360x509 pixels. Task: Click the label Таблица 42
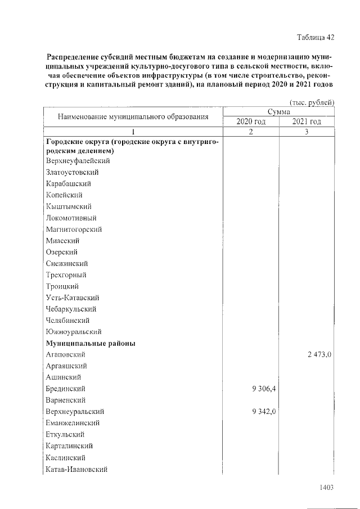(x=316, y=38)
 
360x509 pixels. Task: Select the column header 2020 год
(x=251, y=122)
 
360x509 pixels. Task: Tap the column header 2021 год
(x=307, y=122)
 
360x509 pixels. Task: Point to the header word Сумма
(x=279, y=112)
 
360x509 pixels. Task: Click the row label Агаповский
(x=66, y=354)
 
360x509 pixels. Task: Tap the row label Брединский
(x=66, y=389)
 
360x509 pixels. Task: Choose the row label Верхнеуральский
(x=75, y=412)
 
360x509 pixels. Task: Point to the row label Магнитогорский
(x=74, y=229)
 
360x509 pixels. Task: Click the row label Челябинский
(x=68, y=321)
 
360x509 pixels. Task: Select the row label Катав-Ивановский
(x=76, y=469)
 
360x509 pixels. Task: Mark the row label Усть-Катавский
(x=73, y=298)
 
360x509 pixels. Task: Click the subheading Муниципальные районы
(x=90, y=343)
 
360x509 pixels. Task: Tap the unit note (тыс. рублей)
(x=312, y=102)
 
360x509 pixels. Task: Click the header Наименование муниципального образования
(x=133, y=117)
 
